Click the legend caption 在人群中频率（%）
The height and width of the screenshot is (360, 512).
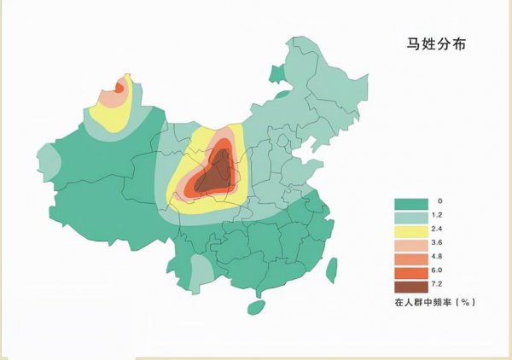tap(433, 302)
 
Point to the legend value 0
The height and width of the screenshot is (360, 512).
tap(439, 201)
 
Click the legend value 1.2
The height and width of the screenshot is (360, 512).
tap(439, 215)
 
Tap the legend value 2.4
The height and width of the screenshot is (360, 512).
tap(439, 229)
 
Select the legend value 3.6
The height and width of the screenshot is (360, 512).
tap(439, 243)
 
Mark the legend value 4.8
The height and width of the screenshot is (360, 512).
tap(439, 258)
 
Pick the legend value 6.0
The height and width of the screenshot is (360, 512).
tap(439, 271)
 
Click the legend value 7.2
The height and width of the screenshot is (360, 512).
tap(439, 286)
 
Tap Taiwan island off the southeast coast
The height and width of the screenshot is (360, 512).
tap(332, 271)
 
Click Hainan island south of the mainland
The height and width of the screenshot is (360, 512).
tap(255, 305)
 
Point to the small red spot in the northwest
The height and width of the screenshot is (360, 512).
tap(119, 86)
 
